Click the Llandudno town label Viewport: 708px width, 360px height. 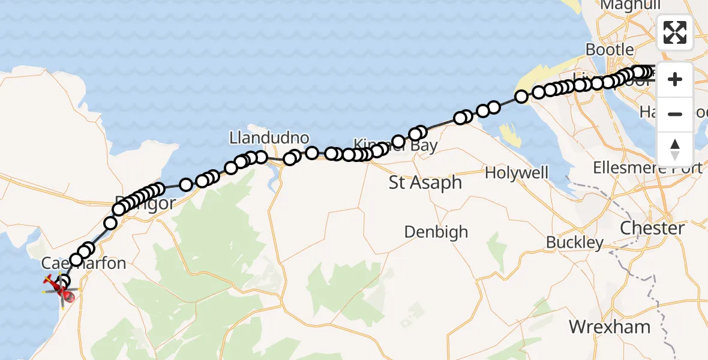[x=269, y=138]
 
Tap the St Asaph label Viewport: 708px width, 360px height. [x=425, y=182]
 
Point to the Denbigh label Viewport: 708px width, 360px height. [x=436, y=232]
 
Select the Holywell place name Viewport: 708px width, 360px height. [x=517, y=173]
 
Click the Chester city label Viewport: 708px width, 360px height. [x=652, y=228]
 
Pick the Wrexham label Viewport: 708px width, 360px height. [x=610, y=327]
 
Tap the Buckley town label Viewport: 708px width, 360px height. [x=575, y=242]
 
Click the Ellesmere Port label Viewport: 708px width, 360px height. [x=647, y=168]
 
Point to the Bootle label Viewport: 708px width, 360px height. [x=610, y=49]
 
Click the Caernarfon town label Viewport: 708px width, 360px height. [x=83, y=263]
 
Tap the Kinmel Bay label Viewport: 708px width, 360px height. [x=396, y=145]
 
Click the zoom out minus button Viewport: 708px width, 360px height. [x=675, y=114]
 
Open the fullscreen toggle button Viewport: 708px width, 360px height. [x=675, y=32]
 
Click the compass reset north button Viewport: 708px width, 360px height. [x=675, y=149]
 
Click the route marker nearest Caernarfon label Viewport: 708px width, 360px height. [x=76, y=260]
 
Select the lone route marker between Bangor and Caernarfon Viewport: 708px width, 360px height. [x=110, y=223]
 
